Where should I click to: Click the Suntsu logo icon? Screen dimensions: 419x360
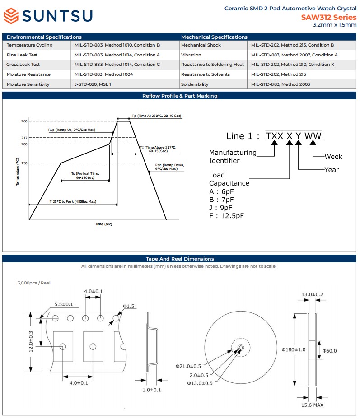point(11,16)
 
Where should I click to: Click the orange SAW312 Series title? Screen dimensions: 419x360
point(328,17)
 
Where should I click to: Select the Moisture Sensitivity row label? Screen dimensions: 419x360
point(28,84)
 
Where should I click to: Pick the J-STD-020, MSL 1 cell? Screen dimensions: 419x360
point(93,84)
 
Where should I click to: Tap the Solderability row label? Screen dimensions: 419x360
point(195,84)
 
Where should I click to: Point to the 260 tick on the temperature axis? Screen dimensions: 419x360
point(24,121)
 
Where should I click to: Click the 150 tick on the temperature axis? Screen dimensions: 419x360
point(24,163)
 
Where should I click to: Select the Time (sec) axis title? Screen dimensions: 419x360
point(103,224)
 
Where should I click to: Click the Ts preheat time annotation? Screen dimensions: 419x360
point(85,176)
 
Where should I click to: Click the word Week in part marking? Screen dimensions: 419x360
point(333,157)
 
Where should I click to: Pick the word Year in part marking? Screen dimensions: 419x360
point(332,170)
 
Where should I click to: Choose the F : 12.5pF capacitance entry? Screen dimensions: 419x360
point(226,216)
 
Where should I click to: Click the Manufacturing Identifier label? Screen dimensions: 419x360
point(233,157)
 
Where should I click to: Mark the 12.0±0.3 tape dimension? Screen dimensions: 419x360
point(31,341)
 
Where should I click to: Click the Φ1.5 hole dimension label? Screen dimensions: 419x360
point(129,306)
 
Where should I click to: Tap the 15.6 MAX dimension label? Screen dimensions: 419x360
point(312,405)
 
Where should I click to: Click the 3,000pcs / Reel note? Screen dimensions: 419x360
point(34,283)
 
